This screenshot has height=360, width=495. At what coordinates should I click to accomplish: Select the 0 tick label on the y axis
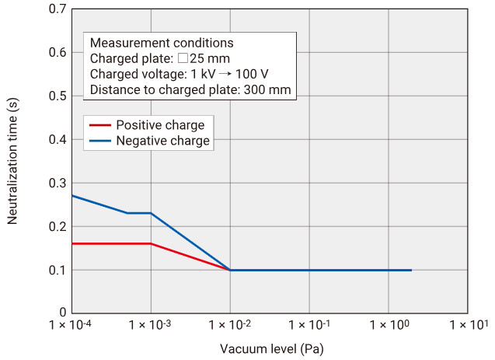coord(61,313)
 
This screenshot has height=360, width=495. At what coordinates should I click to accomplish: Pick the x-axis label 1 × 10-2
coord(230,323)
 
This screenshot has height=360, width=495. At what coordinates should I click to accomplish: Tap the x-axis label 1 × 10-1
coord(309,323)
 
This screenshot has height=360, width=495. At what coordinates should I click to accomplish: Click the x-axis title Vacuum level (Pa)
coord(271,348)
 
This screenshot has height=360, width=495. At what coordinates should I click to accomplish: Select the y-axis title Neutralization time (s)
coord(12,161)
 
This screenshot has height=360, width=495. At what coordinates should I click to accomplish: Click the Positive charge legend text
coord(160,125)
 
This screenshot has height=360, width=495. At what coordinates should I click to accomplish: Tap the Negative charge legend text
coord(162,141)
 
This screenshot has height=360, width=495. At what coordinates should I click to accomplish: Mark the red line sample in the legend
coord(99,125)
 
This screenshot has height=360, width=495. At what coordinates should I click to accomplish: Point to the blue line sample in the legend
coord(99,141)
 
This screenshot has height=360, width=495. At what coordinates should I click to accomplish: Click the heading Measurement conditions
coord(162,43)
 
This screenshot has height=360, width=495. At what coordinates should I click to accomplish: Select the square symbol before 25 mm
coord(182,58)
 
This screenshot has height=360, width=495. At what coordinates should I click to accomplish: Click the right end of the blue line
coord(411,270)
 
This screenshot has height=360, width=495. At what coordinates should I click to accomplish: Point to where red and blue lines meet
coord(230,270)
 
